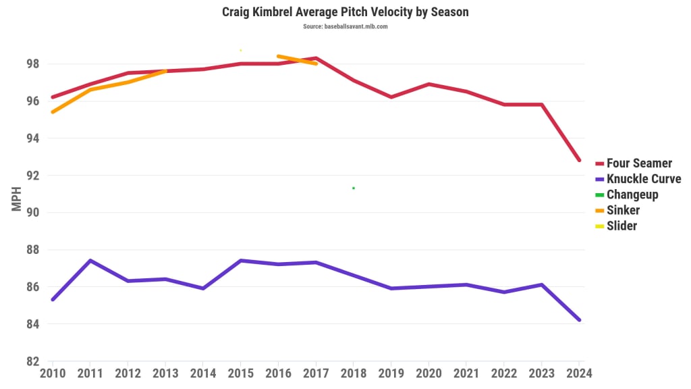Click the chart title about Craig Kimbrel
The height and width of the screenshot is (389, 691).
click(x=345, y=12)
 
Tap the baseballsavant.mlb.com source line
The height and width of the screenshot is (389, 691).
click(x=345, y=26)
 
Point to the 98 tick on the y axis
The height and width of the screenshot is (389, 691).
click(x=32, y=64)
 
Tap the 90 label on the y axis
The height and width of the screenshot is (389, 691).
click(x=32, y=213)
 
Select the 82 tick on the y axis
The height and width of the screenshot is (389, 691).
click(x=32, y=361)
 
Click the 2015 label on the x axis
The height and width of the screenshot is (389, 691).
click(x=240, y=372)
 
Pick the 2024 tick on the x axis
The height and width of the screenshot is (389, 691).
click(x=579, y=372)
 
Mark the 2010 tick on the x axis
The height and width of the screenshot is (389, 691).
click(x=53, y=372)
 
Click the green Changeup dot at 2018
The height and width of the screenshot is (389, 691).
click(x=354, y=188)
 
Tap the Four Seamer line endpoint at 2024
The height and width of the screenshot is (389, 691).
click(x=579, y=160)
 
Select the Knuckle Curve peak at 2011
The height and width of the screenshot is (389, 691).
click(x=90, y=261)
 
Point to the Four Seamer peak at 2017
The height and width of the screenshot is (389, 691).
click(x=316, y=58)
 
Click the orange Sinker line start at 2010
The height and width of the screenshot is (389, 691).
click(x=53, y=111)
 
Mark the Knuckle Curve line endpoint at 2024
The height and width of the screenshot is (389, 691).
click(x=579, y=320)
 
